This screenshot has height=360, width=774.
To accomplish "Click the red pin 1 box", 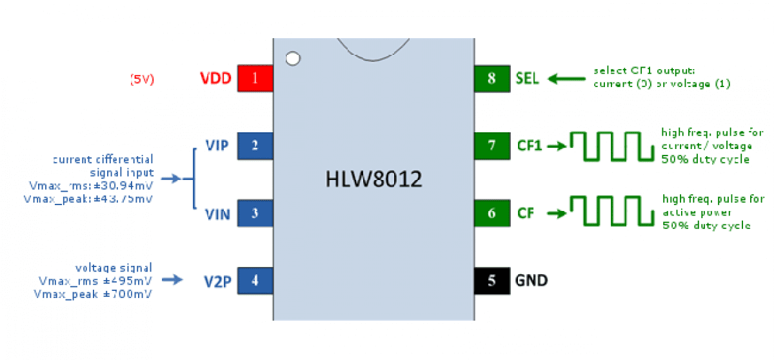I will tap(255, 79).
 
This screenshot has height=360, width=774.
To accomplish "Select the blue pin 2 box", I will tap(255, 146).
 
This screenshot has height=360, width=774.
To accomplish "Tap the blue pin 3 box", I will tap(255, 213).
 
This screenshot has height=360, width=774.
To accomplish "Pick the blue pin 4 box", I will tap(255, 281).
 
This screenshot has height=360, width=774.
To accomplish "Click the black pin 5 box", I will tap(492, 281).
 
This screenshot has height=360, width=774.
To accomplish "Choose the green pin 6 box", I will tap(492, 213).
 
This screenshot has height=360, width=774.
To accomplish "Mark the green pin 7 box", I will tap(492, 146).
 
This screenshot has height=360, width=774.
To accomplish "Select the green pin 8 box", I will tap(492, 79).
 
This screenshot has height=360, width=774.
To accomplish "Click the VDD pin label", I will tap(216, 79).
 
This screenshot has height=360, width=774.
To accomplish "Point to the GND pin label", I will tap(531, 281).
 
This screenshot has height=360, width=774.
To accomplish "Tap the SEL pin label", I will tap(527, 79).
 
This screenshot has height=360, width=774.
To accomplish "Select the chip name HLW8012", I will tap(373, 179).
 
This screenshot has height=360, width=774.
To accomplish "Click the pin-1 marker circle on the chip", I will tap(293, 59).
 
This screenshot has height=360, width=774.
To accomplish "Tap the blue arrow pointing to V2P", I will tap(172, 280).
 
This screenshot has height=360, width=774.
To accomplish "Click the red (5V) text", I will tap(142, 80).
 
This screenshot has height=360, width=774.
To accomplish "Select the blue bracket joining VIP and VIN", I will tap(194, 179).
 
